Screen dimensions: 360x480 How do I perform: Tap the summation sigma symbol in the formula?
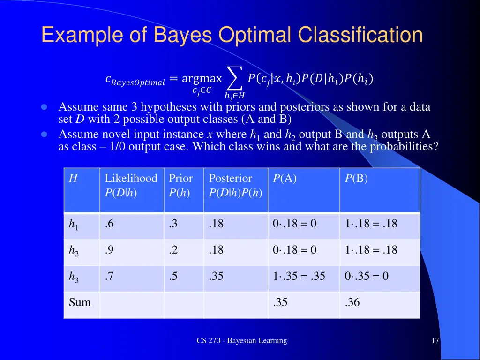coord(234,78)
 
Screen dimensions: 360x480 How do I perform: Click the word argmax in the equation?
coord(202,78)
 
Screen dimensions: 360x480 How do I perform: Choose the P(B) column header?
coord(356,179)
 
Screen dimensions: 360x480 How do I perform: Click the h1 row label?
coord(74,225)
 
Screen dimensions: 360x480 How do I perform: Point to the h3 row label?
coord(74,277)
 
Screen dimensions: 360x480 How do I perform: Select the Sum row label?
coord(80,303)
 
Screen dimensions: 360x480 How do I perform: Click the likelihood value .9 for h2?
coord(109,250)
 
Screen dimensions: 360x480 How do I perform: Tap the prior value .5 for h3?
coord(173,276)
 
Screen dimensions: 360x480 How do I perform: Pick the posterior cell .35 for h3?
coord(216,276)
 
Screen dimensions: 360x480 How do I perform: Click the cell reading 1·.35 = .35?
coord(299,276)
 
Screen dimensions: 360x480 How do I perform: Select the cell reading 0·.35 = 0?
coord(367,276)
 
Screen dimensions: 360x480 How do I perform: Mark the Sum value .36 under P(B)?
coord(352,303)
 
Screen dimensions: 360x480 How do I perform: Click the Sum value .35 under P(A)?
coord(280,303)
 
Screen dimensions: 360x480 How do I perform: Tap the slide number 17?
coord(435,341)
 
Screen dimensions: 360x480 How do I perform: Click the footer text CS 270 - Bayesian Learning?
coord(241,341)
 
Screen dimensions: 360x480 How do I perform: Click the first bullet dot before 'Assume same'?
coord(44,107)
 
